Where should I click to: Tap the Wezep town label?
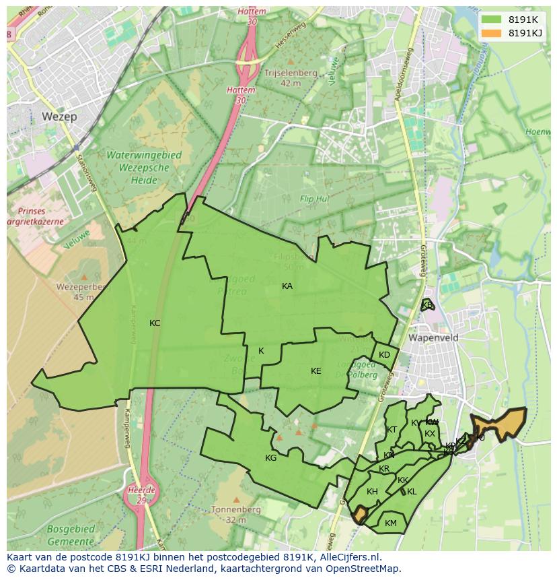tap(59, 117)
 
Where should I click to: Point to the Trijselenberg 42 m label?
tap(291, 77)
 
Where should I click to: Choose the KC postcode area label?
tap(155, 323)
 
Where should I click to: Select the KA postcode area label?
tap(287, 286)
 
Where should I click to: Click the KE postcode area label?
tap(316, 371)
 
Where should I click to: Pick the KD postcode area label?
tap(384, 355)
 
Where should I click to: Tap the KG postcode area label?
tap(271, 458)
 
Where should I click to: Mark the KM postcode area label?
tap(391, 523)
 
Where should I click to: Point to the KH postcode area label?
tap(372, 492)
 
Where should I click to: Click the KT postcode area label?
tap(392, 430)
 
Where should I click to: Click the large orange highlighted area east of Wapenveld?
tap(499, 423)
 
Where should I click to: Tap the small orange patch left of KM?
tap(359, 515)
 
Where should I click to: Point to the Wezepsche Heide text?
tap(135, 168)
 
